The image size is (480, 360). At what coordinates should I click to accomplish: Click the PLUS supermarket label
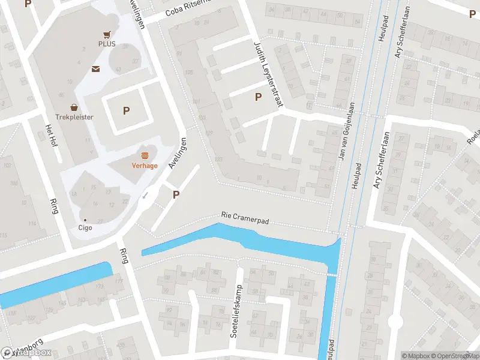coord(107,44)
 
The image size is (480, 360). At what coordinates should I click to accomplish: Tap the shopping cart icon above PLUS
coord(107,35)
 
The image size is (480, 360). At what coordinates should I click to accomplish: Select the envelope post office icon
coord(95,69)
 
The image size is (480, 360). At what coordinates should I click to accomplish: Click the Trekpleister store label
coord(74,117)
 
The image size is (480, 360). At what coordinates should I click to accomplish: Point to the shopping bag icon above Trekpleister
coord(74,107)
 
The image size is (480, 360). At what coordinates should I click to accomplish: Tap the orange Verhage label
coord(145,166)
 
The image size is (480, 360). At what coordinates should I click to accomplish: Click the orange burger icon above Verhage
coord(145,155)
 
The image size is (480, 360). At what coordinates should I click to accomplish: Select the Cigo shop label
coord(85,227)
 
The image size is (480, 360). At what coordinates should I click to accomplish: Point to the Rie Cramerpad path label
coord(245,218)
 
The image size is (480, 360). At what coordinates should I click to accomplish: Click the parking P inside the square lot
coord(126,110)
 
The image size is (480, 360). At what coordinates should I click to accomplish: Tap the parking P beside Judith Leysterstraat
coord(259,97)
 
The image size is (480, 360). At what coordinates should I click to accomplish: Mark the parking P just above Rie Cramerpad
coord(176,194)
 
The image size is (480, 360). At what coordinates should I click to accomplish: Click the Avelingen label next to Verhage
coord(179,154)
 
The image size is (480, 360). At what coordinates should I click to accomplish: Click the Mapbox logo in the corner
coord(26,353)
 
